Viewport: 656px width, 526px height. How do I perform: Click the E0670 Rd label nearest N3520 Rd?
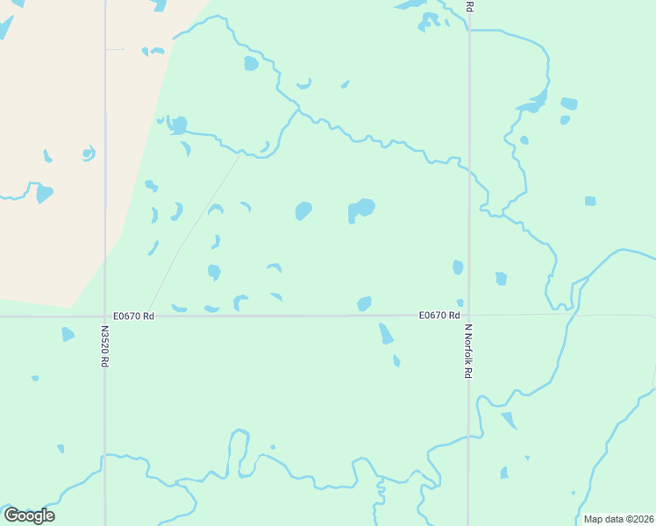point(133,316)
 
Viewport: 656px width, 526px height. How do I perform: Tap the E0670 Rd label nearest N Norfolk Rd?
point(439,316)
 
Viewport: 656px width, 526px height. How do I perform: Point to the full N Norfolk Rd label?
point(468,352)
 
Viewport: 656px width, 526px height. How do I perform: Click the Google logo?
point(29,515)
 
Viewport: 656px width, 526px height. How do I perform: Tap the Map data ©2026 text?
point(617,519)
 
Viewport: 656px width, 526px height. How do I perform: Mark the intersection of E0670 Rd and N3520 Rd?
point(104,316)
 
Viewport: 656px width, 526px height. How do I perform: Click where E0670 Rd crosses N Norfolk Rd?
point(468,316)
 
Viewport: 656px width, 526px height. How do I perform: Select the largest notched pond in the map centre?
point(361,209)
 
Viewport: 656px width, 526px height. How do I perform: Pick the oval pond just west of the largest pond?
point(303,210)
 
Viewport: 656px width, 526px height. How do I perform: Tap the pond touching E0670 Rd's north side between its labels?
point(364,303)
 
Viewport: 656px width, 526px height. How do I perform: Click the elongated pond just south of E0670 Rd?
point(385,333)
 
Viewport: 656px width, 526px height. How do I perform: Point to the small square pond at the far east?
point(590,201)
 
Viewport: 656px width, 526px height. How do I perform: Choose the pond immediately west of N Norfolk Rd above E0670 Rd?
point(458,267)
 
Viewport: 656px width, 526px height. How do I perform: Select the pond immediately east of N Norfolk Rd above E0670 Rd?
point(501,279)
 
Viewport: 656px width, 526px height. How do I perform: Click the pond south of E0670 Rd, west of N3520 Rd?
point(68,334)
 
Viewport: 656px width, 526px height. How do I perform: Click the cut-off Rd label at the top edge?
point(469,6)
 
